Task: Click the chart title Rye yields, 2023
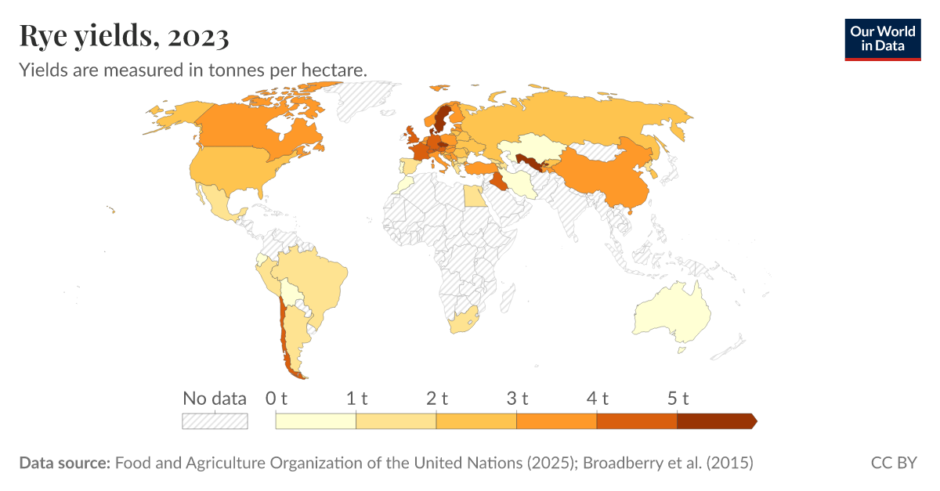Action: pos(124,35)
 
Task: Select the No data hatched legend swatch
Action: pos(215,421)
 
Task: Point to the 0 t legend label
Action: pos(277,398)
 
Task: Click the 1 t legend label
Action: pos(356,398)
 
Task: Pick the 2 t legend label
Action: pos(436,398)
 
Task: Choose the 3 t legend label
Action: pos(517,398)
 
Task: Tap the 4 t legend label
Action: pos(597,398)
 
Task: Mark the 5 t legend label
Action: pos(677,398)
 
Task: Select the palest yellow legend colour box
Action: pos(316,421)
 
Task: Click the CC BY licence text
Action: pos(893,463)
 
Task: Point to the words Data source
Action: pos(64,463)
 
